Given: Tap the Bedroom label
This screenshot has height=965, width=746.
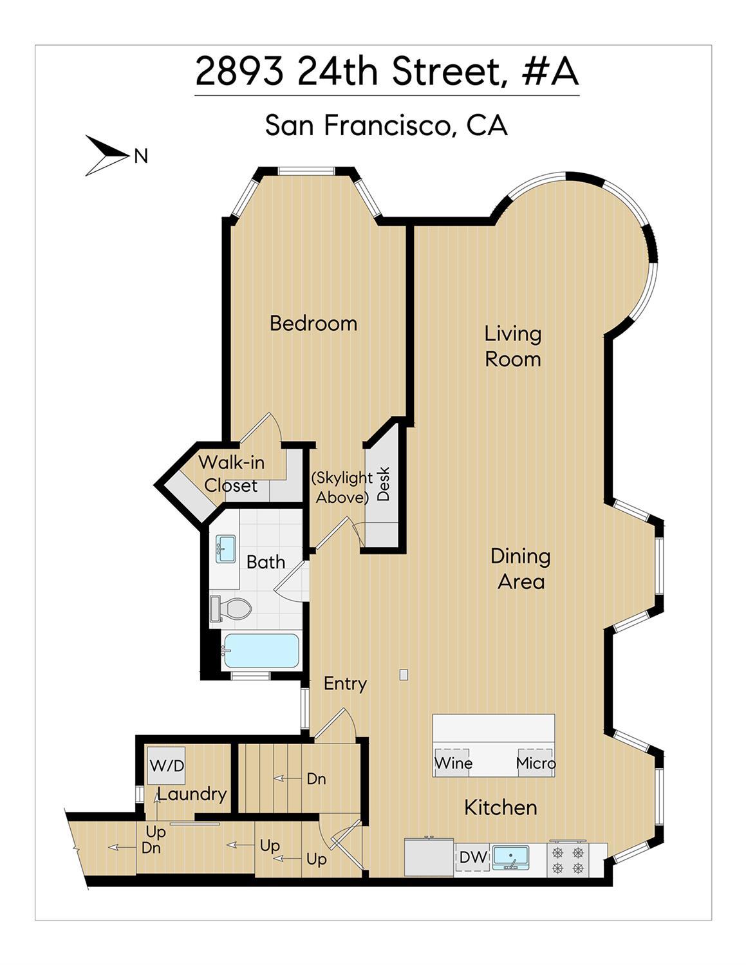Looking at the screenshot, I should tap(313, 323).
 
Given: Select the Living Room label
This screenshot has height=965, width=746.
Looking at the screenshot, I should tap(512, 346).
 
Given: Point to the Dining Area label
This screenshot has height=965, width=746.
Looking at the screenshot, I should tap(521, 568).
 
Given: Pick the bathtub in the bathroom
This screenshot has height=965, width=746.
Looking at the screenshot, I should tap(260, 651).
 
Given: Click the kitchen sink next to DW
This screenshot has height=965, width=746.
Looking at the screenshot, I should tap(510, 857).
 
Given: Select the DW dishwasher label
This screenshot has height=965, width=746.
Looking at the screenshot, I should tap(472, 857).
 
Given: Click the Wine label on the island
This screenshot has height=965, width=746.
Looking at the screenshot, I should tap(453, 764).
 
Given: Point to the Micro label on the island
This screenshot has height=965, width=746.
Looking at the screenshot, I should tap(536, 764).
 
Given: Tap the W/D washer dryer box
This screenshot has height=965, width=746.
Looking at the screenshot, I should tap(167, 765).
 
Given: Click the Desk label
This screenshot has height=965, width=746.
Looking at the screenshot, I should tap(383, 483).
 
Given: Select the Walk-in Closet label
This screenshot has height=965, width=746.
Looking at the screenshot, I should tap(230, 474).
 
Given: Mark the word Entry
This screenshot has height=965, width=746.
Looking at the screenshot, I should tap(345, 684).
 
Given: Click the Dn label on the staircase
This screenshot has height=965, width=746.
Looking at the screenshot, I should tap(316, 779).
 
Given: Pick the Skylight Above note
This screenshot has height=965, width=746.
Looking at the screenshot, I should tap(342, 487).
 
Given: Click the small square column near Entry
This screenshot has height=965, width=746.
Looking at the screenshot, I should tap(404, 675).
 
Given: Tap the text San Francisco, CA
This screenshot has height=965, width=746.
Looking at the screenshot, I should tap(386, 126).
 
